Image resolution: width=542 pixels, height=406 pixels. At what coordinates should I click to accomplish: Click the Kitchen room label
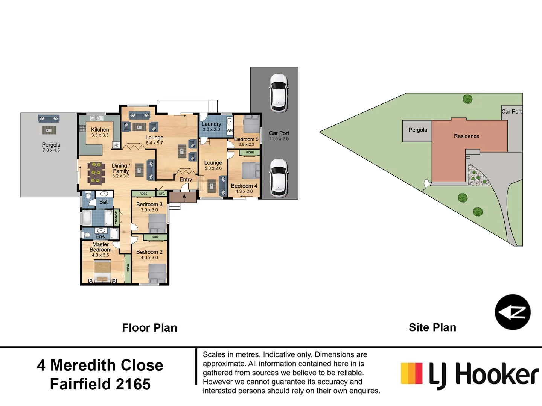point(100,130)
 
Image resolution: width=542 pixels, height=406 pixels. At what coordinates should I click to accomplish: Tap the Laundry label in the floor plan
point(211,124)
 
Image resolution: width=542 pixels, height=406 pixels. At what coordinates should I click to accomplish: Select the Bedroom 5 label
point(246,139)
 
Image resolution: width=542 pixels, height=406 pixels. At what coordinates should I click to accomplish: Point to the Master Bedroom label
point(100,247)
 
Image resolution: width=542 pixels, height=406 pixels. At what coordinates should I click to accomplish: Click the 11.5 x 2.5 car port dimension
point(279,139)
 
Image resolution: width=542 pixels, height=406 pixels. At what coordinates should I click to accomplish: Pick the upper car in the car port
point(279,93)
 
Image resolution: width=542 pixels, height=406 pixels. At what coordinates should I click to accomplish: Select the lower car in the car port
point(279,178)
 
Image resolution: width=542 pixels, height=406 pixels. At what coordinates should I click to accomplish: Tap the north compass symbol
point(513,312)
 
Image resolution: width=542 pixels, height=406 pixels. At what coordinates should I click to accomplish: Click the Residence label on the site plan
point(466,136)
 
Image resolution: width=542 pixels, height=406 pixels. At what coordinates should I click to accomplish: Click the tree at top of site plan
point(467,99)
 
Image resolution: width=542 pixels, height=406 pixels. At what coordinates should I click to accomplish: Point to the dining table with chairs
point(96,173)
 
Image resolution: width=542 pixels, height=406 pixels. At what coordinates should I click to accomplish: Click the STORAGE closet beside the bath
point(116,218)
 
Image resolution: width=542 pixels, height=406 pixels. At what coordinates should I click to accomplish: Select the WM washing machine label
point(230,131)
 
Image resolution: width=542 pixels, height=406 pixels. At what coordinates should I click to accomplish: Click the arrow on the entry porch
point(184,197)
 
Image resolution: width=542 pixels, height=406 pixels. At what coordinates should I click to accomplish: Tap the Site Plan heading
point(432,327)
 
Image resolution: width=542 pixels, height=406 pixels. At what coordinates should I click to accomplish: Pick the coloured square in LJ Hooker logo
point(411,373)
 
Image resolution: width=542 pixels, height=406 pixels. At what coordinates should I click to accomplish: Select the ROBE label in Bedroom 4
point(250,153)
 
